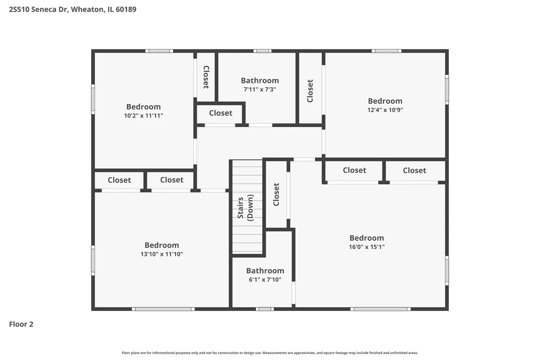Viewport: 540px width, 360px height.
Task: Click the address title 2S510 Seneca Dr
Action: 38,9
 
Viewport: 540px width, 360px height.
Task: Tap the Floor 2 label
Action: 21,324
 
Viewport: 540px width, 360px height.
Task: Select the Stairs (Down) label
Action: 245,208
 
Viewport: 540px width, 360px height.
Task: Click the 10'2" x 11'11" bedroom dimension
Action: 144,115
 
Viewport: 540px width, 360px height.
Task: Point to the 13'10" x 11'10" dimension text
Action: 161,254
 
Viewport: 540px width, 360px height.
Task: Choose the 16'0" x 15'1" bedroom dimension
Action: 366,247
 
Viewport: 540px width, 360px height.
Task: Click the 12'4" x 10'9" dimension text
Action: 385,110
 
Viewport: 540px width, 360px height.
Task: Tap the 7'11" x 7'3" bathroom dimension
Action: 260,90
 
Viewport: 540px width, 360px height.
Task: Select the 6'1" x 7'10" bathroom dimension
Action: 265,280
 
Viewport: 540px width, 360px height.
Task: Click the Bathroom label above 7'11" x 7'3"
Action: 260,80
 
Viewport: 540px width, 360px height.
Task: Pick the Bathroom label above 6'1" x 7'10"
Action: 265,270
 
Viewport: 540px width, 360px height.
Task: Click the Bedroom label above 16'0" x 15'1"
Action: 366,238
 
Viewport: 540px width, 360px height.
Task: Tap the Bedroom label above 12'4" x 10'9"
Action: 385,101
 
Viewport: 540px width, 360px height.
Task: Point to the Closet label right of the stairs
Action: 276,194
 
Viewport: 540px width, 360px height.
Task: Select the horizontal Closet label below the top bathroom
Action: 220,113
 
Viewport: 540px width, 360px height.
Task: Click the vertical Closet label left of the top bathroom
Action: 206,77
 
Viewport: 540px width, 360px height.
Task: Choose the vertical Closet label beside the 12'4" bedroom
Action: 310,91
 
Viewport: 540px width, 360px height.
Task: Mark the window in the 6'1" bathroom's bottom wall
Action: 265,309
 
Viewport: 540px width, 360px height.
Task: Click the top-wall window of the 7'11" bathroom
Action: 262,51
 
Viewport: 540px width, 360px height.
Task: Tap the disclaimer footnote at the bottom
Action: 270,353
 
